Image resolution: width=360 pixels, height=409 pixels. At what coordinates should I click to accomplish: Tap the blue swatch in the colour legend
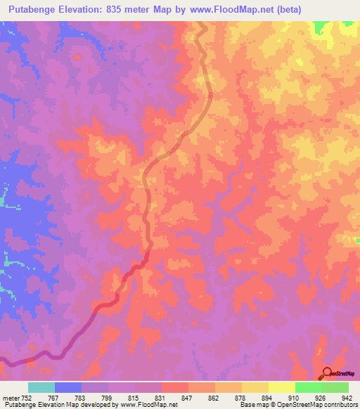click(x=67, y=387)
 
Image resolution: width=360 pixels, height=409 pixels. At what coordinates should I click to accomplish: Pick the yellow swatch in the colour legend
click(x=255, y=387)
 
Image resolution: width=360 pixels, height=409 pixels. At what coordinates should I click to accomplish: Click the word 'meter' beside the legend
click(x=10, y=397)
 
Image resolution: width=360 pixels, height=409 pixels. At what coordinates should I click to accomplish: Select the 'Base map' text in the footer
click(x=254, y=405)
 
